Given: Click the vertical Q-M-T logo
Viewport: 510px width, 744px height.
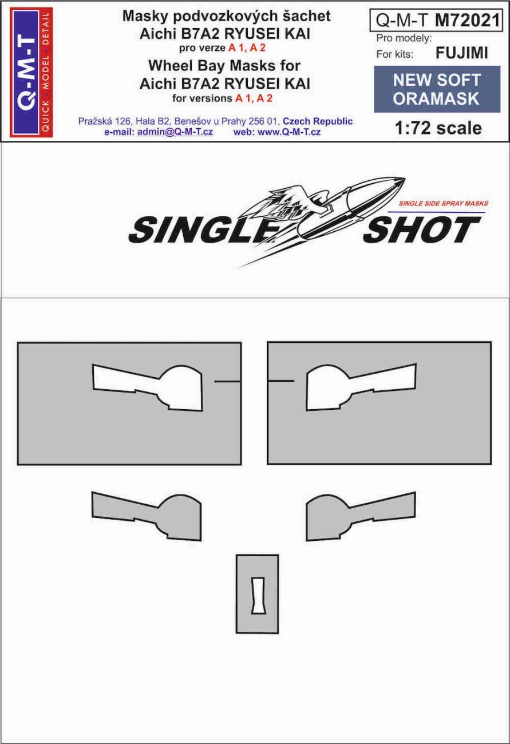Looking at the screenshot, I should tap(30, 72).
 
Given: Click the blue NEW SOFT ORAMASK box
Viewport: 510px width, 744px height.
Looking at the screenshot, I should tap(436, 89).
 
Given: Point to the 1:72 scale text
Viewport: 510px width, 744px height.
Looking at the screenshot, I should tap(438, 128).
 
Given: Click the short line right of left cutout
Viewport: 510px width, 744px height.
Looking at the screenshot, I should tap(226, 381).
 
